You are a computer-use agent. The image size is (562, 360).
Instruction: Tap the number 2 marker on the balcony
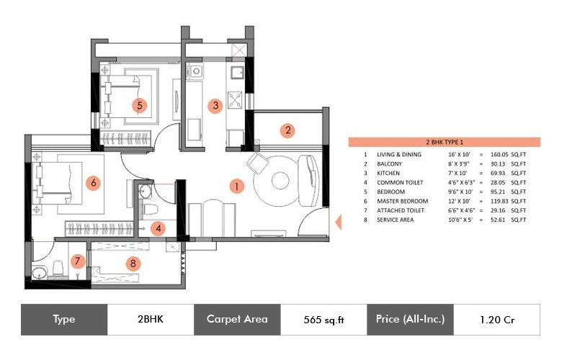287,130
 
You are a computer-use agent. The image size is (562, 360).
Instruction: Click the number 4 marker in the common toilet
160,228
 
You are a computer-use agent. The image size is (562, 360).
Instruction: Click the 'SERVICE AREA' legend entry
396,220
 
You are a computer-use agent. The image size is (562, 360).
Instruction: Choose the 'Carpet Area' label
237,320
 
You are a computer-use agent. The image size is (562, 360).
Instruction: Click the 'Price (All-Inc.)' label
410,320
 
